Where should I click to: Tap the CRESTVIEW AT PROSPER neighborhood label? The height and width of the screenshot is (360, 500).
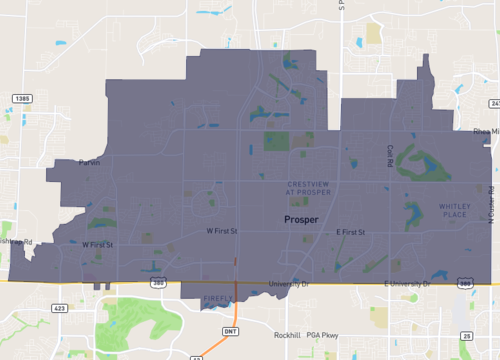tap(308, 188)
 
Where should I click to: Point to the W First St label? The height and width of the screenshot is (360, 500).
tap(223, 231)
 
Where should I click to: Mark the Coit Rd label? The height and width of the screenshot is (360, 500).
tap(390, 156)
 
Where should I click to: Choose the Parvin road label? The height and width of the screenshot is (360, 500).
tap(92, 164)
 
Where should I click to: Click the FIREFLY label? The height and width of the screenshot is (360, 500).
tap(217, 299)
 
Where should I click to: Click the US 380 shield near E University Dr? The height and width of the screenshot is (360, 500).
tap(466, 285)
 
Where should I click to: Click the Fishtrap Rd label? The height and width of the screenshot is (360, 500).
tap(16, 242)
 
